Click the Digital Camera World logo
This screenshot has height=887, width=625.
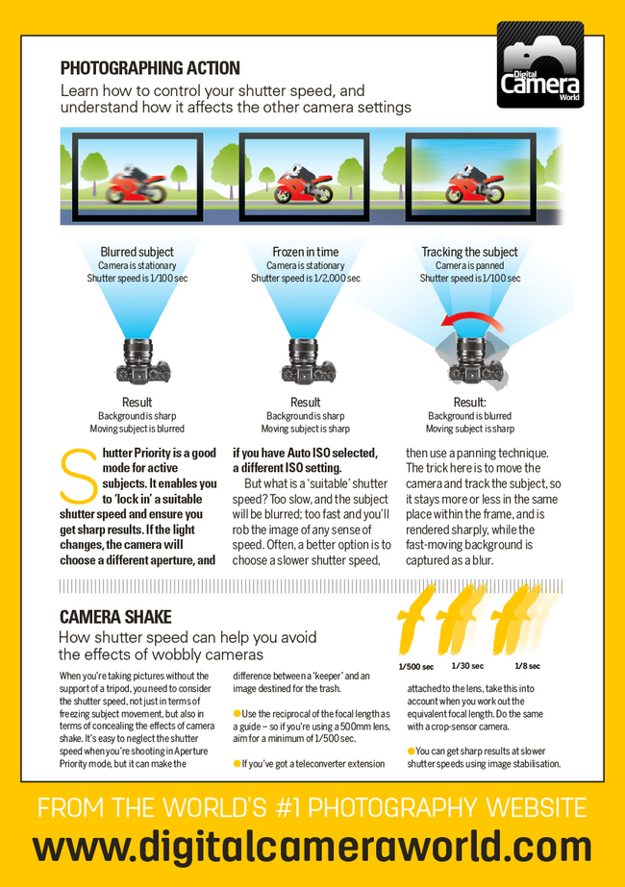[x=539, y=66]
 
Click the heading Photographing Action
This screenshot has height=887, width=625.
[x=150, y=68]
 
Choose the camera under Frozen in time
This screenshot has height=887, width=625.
[x=305, y=361]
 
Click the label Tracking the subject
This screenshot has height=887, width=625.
[x=469, y=252]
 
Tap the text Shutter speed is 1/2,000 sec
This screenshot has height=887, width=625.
[x=305, y=278]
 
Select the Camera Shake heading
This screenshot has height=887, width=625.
[x=115, y=617]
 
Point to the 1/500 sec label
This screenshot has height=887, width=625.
[x=416, y=666]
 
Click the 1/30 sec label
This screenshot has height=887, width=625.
[x=466, y=666]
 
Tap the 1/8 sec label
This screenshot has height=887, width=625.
[x=527, y=666]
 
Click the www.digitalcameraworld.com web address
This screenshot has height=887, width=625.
[x=312, y=848]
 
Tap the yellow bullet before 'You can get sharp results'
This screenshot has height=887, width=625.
[x=411, y=751]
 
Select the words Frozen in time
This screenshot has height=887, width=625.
[x=305, y=252]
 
